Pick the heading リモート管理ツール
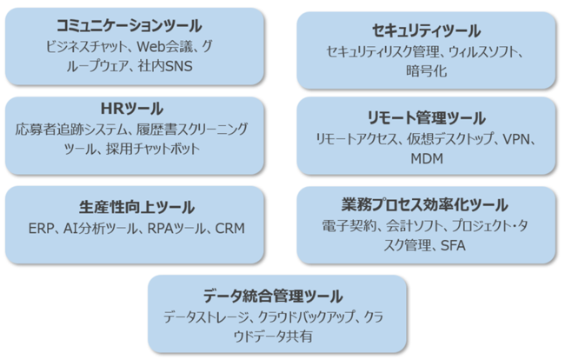click(x=426, y=119)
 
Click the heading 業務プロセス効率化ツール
click(x=425, y=206)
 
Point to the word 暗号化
click(x=426, y=71)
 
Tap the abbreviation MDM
click(x=426, y=158)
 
